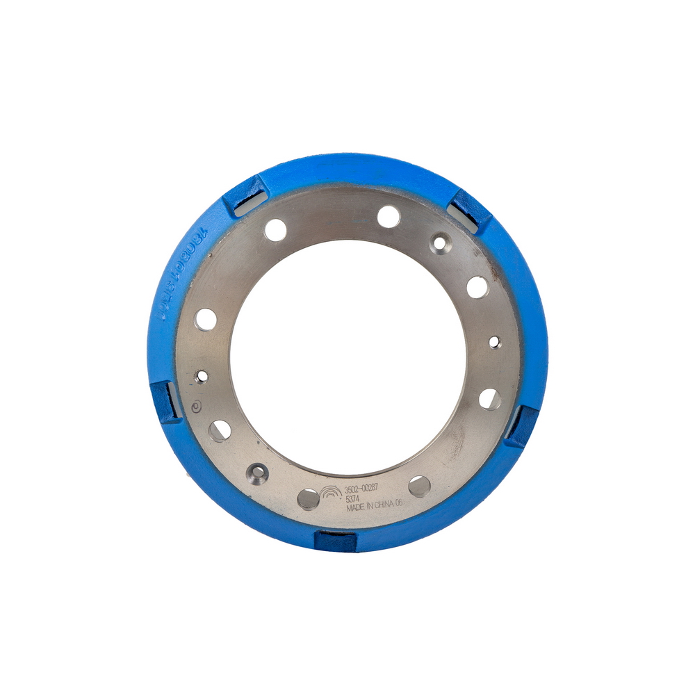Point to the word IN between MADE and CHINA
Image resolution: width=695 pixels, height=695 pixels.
coord(374,509)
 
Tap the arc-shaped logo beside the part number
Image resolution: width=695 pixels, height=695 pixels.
coord(331,490)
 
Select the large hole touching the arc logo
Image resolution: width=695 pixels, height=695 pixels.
coord(309,498)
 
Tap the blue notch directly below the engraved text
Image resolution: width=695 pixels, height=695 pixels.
coord(336,540)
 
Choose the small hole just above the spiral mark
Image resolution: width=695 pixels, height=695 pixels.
coord(202,376)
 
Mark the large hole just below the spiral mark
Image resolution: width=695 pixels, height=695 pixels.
coord(220,431)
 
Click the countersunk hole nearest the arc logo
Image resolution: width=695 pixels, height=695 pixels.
coord(259,472)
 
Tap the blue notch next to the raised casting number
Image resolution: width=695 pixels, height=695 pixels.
coord(244,195)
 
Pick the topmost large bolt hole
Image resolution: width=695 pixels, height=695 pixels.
coord(389,216)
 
